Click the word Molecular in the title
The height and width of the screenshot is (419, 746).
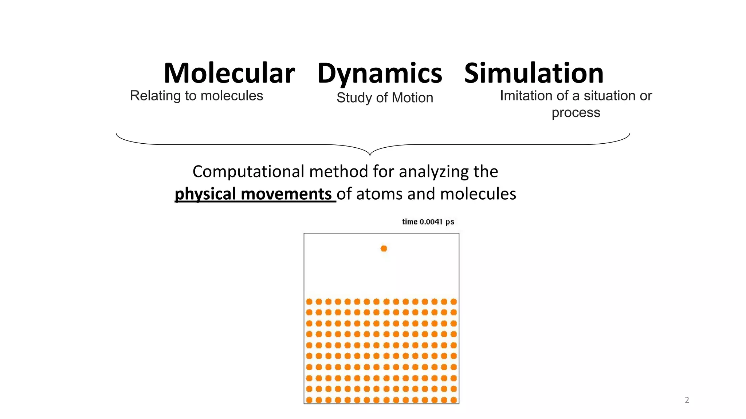pos(229,73)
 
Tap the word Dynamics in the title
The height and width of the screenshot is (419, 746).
pos(380,74)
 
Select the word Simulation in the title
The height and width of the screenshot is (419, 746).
pos(534,73)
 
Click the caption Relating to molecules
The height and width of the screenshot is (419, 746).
pos(196,96)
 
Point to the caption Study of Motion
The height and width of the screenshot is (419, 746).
pos(385,97)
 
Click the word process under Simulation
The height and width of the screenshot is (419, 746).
pos(576,112)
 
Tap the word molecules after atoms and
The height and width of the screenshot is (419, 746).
pos(478,193)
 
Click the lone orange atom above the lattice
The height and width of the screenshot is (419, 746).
pos(384,248)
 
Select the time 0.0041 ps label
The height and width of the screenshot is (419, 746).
pos(428,222)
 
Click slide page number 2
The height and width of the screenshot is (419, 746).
pos(687,400)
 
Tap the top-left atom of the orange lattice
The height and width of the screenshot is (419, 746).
pos(309,302)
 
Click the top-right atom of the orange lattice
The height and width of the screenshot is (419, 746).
pos(454,302)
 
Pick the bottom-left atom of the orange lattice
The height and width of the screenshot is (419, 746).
pos(309,400)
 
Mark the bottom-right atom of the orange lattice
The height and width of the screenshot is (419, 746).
pos(454,400)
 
